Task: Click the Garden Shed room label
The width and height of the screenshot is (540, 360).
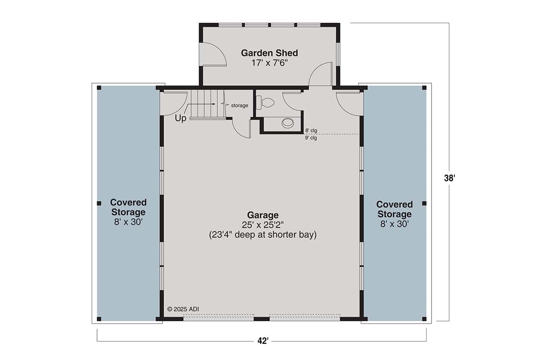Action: pyautogui.click(x=269, y=53)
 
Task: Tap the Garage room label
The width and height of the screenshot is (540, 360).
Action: pyautogui.click(x=262, y=215)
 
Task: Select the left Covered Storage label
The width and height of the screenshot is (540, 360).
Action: pyautogui.click(x=128, y=207)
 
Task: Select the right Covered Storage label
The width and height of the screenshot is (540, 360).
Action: pyautogui.click(x=394, y=209)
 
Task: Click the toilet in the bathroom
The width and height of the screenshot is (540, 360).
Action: pyautogui.click(x=267, y=103)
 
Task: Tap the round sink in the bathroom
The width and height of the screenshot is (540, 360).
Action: pyautogui.click(x=288, y=123)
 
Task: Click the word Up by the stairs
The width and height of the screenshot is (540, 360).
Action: pyautogui.click(x=181, y=119)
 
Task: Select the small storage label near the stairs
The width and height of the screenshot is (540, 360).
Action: pyautogui.click(x=239, y=106)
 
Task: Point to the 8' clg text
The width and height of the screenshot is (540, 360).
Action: pyautogui.click(x=311, y=131)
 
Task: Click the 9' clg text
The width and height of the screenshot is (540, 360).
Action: pyautogui.click(x=311, y=138)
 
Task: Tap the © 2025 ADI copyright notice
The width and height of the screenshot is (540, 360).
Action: pyautogui.click(x=183, y=309)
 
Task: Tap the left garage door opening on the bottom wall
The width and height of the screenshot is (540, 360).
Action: pyautogui.click(x=219, y=317)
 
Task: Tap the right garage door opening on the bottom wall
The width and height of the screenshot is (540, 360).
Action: pyautogui.click(x=305, y=317)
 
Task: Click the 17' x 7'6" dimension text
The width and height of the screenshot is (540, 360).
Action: pyautogui.click(x=269, y=63)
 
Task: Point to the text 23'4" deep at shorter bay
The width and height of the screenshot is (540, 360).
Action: pyautogui.click(x=262, y=235)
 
